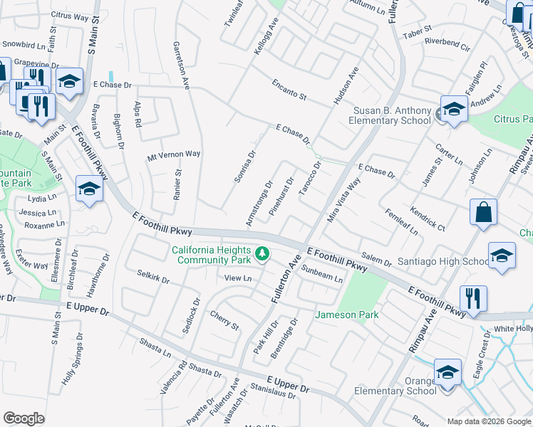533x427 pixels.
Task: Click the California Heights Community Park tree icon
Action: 262,253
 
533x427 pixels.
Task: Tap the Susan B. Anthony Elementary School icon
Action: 453,110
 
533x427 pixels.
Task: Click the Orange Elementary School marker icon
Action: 447,372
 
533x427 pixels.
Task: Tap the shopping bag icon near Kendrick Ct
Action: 483,212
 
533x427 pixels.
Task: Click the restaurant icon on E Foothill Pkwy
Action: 473,299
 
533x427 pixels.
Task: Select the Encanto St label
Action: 289,90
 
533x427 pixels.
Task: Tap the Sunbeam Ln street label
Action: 322,274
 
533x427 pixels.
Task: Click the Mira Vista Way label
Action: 343,201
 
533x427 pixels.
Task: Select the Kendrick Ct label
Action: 428,219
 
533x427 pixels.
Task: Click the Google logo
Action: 24,418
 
